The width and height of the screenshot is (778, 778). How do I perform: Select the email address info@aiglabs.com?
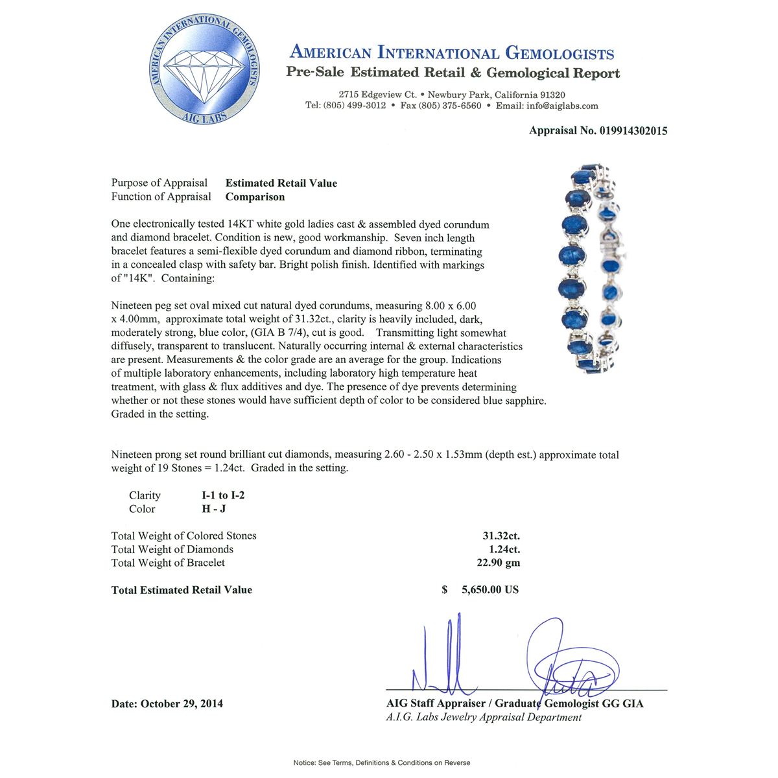pyautogui.click(x=563, y=106)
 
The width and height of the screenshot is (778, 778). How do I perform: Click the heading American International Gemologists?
pyautogui.click(x=452, y=53)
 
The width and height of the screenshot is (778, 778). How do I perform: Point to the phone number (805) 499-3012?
pyautogui.click(x=355, y=106)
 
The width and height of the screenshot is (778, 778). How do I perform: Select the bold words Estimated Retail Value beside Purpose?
pyautogui.click(x=281, y=183)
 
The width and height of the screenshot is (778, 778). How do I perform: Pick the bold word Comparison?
pyautogui.click(x=255, y=197)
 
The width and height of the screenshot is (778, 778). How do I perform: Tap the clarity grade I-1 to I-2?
pyautogui.click(x=223, y=496)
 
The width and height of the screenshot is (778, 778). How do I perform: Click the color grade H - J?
pyautogui.click(x=214, y=510)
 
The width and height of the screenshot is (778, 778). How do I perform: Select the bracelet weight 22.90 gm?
pyautogui.click(x=498, y=563)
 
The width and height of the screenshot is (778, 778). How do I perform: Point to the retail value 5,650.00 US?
pyautogui.click(x=489, y=590)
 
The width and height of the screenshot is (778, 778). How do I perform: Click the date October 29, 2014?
pyautogui.click(x=182, y=703)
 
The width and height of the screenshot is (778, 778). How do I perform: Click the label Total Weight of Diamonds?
pyautogui.click(x=172, y=549)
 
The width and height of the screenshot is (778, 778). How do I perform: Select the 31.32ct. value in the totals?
pyautogui.click(x=501, y=536)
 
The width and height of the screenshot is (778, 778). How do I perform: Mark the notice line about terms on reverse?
pyautogui.click(x=382, y=763)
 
